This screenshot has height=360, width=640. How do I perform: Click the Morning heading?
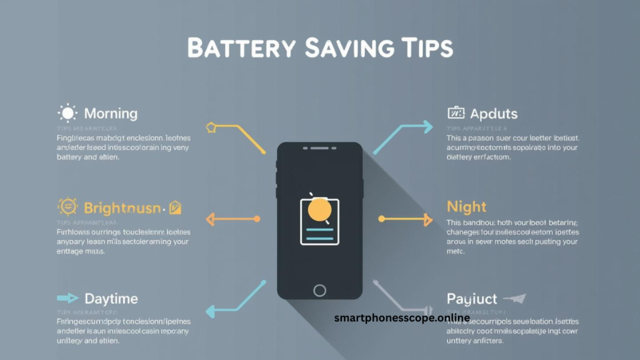111,114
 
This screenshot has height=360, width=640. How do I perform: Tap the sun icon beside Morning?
67,113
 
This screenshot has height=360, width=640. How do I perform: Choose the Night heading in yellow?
466,206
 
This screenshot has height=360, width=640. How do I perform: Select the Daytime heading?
111,299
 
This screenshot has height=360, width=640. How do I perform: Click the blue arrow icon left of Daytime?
67,298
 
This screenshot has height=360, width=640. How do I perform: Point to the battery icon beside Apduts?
456,113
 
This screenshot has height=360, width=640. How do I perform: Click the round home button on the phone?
319,290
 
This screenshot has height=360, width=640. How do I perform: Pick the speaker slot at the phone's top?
319,148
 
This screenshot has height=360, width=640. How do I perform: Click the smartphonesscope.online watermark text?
402,317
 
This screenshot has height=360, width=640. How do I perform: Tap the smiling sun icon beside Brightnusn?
67,206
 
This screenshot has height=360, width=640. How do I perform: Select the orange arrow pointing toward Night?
406,219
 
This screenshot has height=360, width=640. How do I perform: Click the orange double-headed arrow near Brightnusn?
232,219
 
